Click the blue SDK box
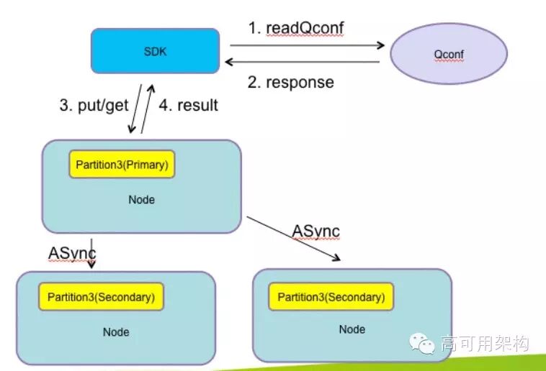[156, 51]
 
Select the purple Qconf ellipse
[449, 53]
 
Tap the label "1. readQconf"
[296, 28]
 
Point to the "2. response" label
[291, 83]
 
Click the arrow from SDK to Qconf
[307, 45]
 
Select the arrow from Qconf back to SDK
[303, 62]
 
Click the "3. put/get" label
[94, 105]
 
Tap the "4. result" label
[189, 105]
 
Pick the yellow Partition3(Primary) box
[122, 165]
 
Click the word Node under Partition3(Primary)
[141, 200]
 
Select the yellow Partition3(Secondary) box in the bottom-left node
[101, 297]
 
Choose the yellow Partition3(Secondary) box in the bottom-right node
[331, 297]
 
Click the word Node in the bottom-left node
[116, 332]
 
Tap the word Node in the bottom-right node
[352, 329]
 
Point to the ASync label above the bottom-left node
[72, 253]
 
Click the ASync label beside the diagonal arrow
[315, 232]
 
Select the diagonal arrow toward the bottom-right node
[294, 239]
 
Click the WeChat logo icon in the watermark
[422, 344]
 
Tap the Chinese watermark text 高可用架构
[485, 344]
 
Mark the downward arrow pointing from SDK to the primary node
[136, 109]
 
